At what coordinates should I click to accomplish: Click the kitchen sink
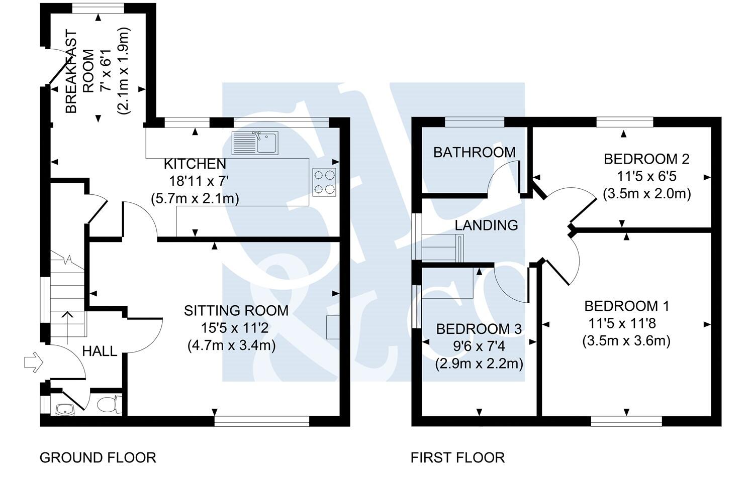point(255,143)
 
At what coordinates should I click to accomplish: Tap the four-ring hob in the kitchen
point(324,182)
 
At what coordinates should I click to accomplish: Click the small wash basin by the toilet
point(65,410)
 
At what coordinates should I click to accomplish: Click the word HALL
point(100,351)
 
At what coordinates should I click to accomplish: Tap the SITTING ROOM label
point(236,311)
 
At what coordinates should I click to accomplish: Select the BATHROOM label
point(475,152)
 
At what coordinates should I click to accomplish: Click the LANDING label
point(486,225)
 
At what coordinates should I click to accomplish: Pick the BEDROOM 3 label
point(479,329)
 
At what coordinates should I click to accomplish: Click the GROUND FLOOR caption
point(98,457)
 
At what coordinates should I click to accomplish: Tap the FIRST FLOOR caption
point(457,457)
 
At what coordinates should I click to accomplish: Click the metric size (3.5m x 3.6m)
point(626,341)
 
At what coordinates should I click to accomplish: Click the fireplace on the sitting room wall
point(333,327)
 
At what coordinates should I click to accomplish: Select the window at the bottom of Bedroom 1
point(626,421)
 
